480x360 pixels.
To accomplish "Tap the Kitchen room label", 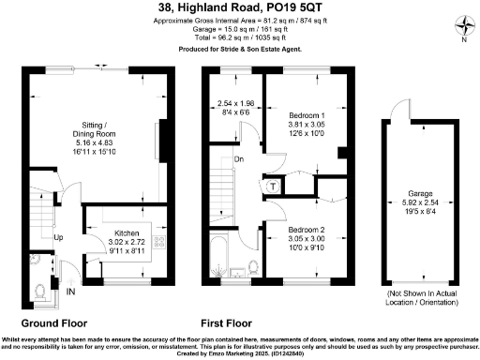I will point(127,232).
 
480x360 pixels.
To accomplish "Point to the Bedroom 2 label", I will point(307,230).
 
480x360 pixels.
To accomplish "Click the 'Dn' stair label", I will point(239,160).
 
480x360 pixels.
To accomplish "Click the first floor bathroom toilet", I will point(254,269).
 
